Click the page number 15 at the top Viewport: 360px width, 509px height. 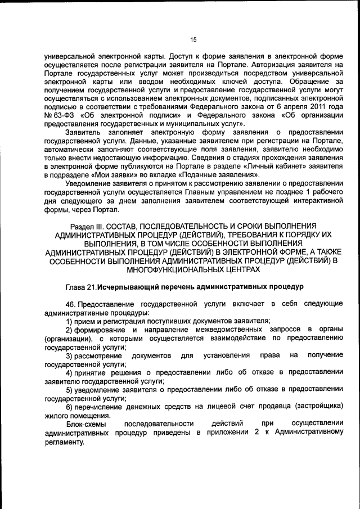coord(192,39)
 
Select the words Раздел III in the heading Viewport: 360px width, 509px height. coord(83,225)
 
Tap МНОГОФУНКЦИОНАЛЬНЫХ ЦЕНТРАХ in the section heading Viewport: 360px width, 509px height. coord(193,269)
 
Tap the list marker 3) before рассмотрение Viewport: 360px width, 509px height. coord(70,355)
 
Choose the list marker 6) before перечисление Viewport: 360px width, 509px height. coord(70,407)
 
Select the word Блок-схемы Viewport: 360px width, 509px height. coord(85,424)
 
